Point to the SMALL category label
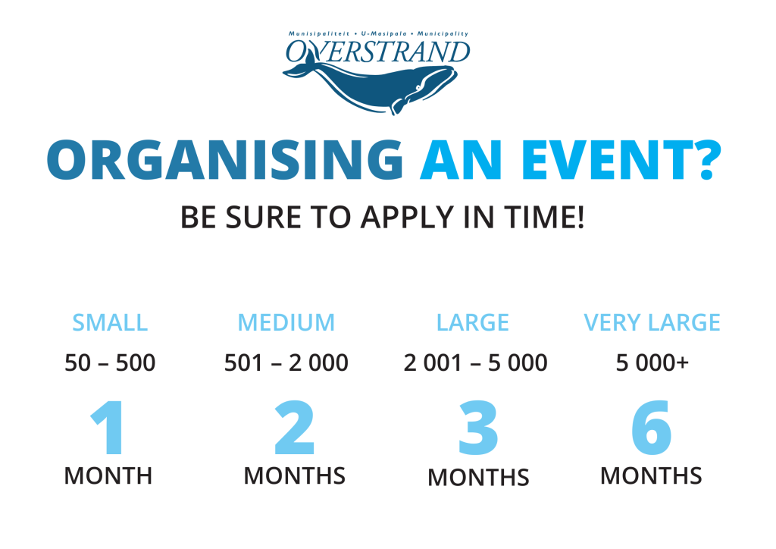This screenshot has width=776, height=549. coord(110,323)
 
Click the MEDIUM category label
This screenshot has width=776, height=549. coord(286,323)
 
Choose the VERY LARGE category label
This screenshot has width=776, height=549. coord(652,323)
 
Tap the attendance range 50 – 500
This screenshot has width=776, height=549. coord(110,363)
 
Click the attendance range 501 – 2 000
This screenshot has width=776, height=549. coord(286,363)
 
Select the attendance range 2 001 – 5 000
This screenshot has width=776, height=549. coord(475,363)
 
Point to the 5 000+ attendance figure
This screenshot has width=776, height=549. coord(652,363)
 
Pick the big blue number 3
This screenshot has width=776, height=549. coord(478,428)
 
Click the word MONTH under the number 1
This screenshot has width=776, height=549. coord(108,476)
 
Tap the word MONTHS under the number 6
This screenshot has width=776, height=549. coord(651,476)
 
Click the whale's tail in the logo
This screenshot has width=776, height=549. coord(298,70)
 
